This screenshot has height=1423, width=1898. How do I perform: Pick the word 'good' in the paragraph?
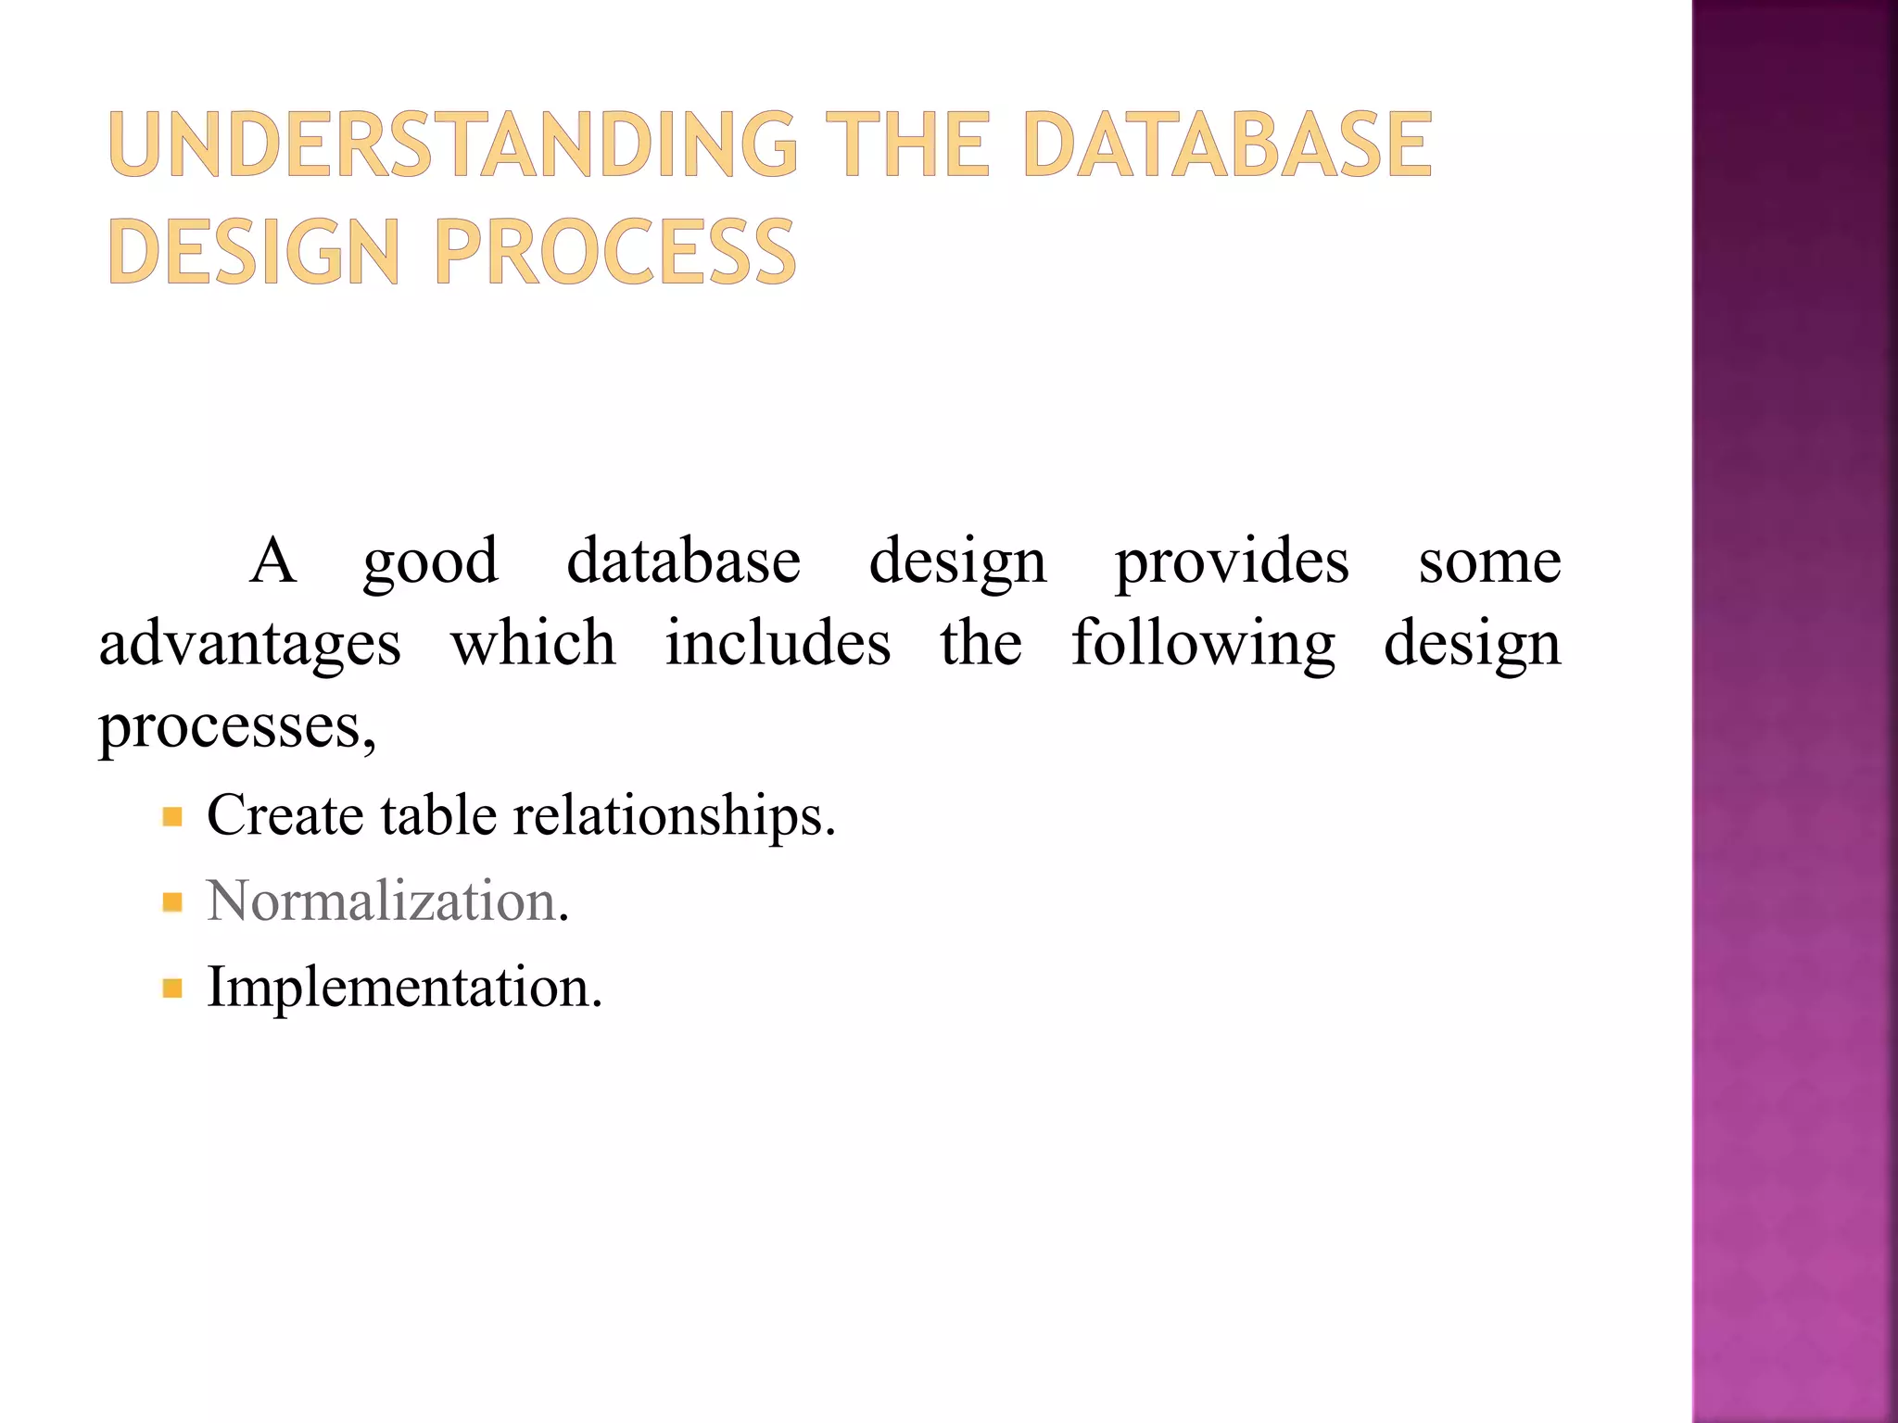pyautogui.click(x=430, y=563)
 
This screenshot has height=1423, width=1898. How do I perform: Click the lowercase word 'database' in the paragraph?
pyautogui.click(x=683, y=561)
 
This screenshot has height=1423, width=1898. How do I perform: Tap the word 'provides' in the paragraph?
pyautogui.click(x=1232, y=563)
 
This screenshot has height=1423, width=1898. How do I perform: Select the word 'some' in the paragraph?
pyautogui.click(x=1489, y=563)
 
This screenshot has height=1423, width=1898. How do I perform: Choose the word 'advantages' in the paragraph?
pyautogui.click(x=250, y=646)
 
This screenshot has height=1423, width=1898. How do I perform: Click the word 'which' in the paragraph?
pyautogui.click(x=533, y=644)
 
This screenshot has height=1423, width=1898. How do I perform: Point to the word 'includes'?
pyautogui.click(x=778, y=644)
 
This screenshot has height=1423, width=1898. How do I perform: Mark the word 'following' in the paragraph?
pyautogui.click(x=1203, y=646)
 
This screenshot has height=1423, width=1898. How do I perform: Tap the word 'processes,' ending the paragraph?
pyautogui.click(x=237, y=727)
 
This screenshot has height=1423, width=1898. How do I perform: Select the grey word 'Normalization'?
pyautogui.click(x=380, y=900)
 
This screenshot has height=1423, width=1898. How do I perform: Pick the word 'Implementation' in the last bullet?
pyautogui.click(x=398, y=987)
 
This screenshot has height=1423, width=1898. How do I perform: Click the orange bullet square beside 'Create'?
pyautogui.click(x=172, y=817)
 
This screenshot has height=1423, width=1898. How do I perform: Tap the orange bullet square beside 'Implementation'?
pyautogui.click(x=172, y=989)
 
